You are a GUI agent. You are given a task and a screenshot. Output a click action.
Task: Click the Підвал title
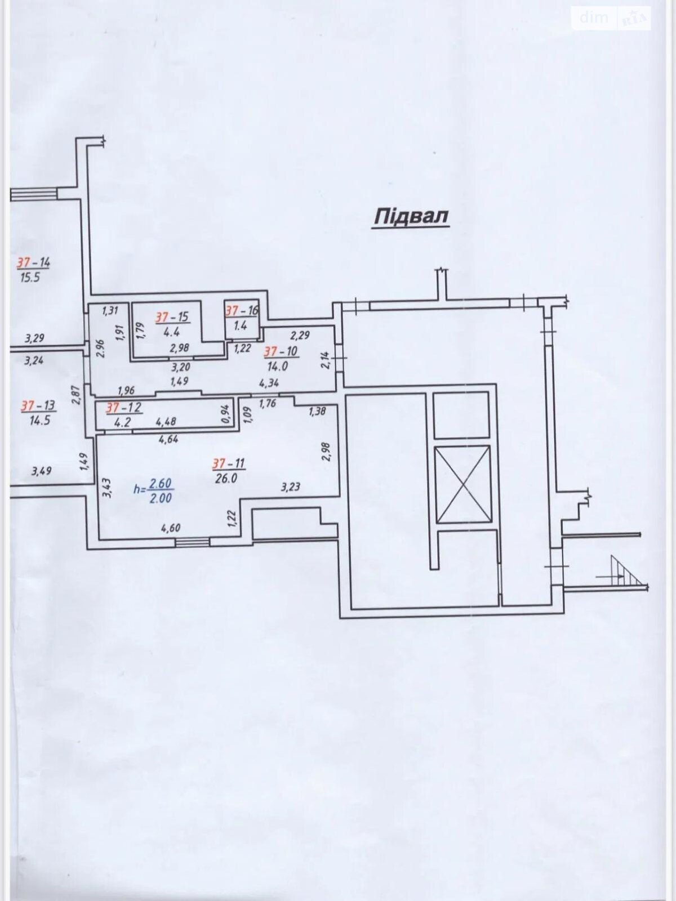[411, 217]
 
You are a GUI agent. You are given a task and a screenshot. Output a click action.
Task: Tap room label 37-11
[228, 463]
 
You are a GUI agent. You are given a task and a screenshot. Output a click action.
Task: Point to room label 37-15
[172, 318]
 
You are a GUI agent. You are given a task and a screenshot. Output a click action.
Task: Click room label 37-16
[242, 310]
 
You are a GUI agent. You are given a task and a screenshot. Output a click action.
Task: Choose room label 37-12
[123, 407]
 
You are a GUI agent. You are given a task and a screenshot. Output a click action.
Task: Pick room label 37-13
[38, 405]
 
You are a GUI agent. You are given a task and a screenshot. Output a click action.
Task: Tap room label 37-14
[33, 262]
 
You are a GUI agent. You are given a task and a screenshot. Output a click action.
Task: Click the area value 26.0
[225, 479]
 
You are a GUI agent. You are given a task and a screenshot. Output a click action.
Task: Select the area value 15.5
[30, 278]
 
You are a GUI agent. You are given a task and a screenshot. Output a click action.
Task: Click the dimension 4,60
[170, 528]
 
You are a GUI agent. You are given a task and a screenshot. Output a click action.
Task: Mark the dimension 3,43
[107, 487]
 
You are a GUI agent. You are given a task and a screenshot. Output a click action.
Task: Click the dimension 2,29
[300, 336]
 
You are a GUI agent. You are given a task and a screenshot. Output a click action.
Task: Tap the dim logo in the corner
[594, 18]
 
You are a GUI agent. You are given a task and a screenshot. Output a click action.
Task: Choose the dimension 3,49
[41, 471]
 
